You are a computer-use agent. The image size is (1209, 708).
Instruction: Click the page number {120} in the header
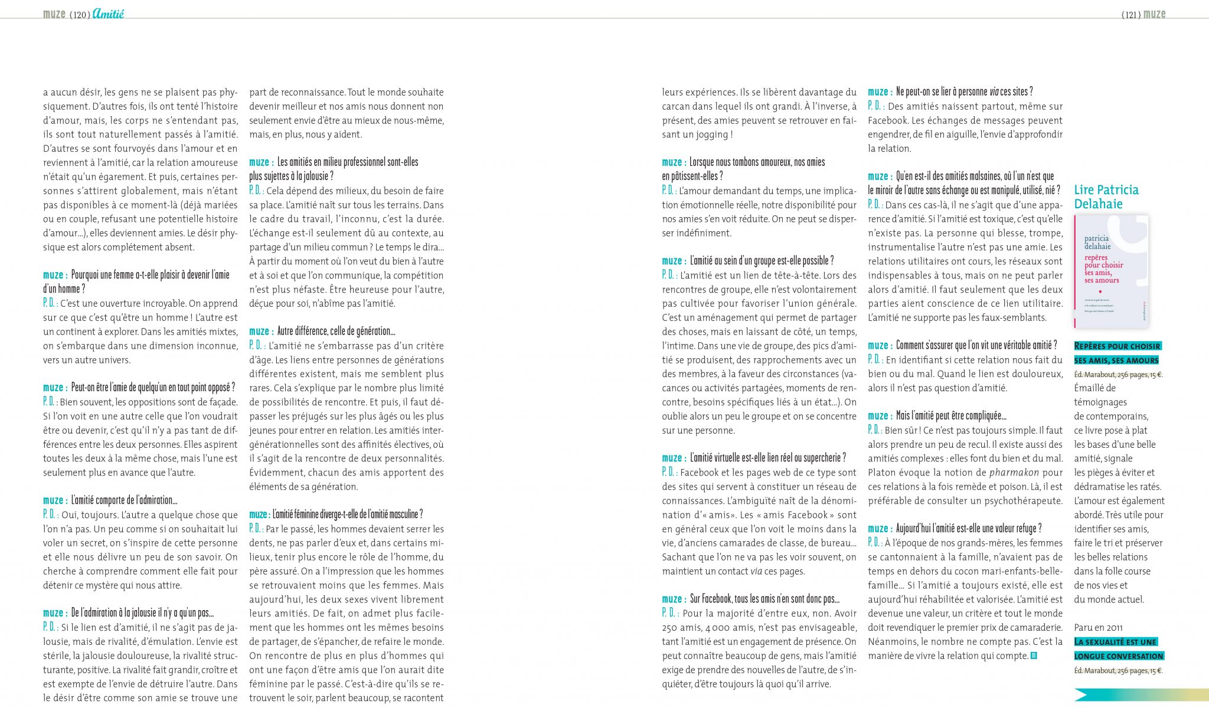coord(80,15)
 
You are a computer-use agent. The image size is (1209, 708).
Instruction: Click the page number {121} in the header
coord(1130,15)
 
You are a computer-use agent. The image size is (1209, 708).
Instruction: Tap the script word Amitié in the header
coord(108,14)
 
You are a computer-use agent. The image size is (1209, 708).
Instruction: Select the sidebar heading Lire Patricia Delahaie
coord(1106,196)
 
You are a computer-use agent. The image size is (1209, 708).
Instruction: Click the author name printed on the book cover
coord(1097,242)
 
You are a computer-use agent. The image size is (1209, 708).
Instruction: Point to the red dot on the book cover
coord(1100,291)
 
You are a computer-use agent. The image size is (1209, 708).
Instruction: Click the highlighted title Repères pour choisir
coord(1117,346)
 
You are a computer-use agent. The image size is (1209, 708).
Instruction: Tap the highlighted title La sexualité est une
coord(1115,642)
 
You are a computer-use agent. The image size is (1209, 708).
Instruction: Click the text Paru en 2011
coord(1098,628)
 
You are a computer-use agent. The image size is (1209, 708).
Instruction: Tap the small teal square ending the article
coord(1034,655)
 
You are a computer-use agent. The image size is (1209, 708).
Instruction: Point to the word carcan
coord(678,107)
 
